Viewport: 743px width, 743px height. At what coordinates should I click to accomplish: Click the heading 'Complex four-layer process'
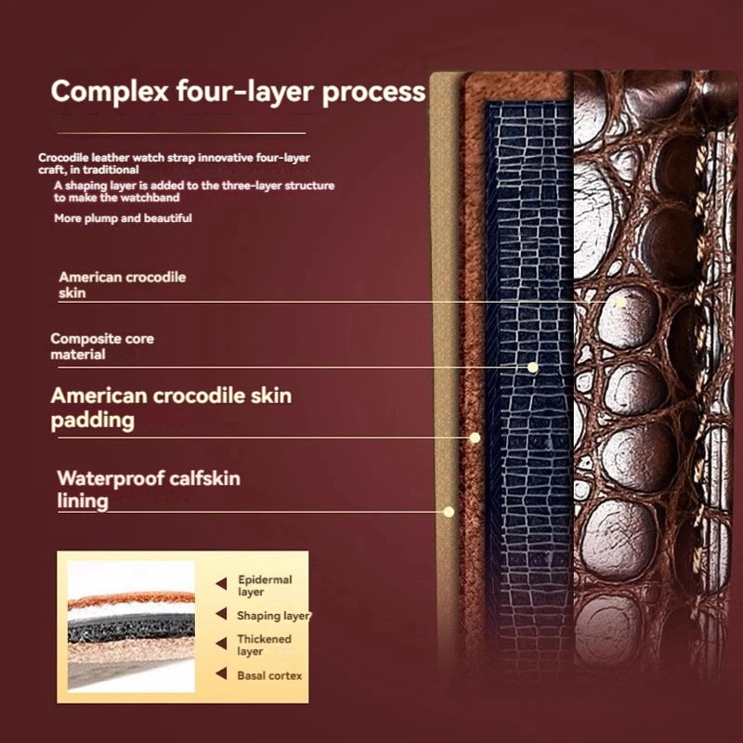pyautogui.click(x=238, y=91)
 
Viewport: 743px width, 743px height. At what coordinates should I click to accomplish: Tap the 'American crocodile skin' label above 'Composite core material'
pyautogui.click(x=123, y=285)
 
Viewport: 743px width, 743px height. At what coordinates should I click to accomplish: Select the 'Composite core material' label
pyautogui.click(x=102, y=346)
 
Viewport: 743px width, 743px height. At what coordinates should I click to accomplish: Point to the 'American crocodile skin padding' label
pyautogui.click(x=171, y=408)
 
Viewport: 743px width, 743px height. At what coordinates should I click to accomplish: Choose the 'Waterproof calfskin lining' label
pyautogui.click(x=149, y=489)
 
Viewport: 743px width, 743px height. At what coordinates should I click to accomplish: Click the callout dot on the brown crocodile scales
pyautogui.click(x=620, y=301)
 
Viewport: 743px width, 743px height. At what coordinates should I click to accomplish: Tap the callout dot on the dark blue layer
pyautogui.click(x=532, y=367)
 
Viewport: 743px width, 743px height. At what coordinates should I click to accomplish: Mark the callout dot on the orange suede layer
pyautogui.click(x=475, y=437)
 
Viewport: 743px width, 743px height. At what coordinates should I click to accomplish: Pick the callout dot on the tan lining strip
pyautogui.click(x=449, y=512)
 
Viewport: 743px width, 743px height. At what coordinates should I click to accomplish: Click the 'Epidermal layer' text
pyautogui.click(x=265, y=586)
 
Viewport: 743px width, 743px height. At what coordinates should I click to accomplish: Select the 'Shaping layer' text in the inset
pyautogui.click(x=273, y=616)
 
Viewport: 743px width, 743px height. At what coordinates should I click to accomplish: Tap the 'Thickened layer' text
pyautogui.click(x=264, y=645)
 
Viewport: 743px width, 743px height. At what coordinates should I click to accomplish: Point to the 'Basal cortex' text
pyautogui.click(x=269, y=676)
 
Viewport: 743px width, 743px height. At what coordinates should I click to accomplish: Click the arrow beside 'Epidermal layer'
pyautogui.click(x=221, y=584)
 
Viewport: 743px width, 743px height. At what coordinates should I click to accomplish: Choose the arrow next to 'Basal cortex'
pyautogui.click(x=221, y=673)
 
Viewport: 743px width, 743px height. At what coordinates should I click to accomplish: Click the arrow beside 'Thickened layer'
pyautogui.click(x=221, y=644)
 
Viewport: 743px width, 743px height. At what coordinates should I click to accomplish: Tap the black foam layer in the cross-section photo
pyautogui.click(x=131, y=628)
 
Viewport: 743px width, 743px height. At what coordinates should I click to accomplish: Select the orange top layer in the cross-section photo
pyautogui.click(x=131, y=599)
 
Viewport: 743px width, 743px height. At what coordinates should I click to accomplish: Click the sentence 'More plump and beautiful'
pyautogui.click(x=123, y=218)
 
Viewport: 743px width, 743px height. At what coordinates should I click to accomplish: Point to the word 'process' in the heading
pyautogui.click(x=374, y=92)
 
